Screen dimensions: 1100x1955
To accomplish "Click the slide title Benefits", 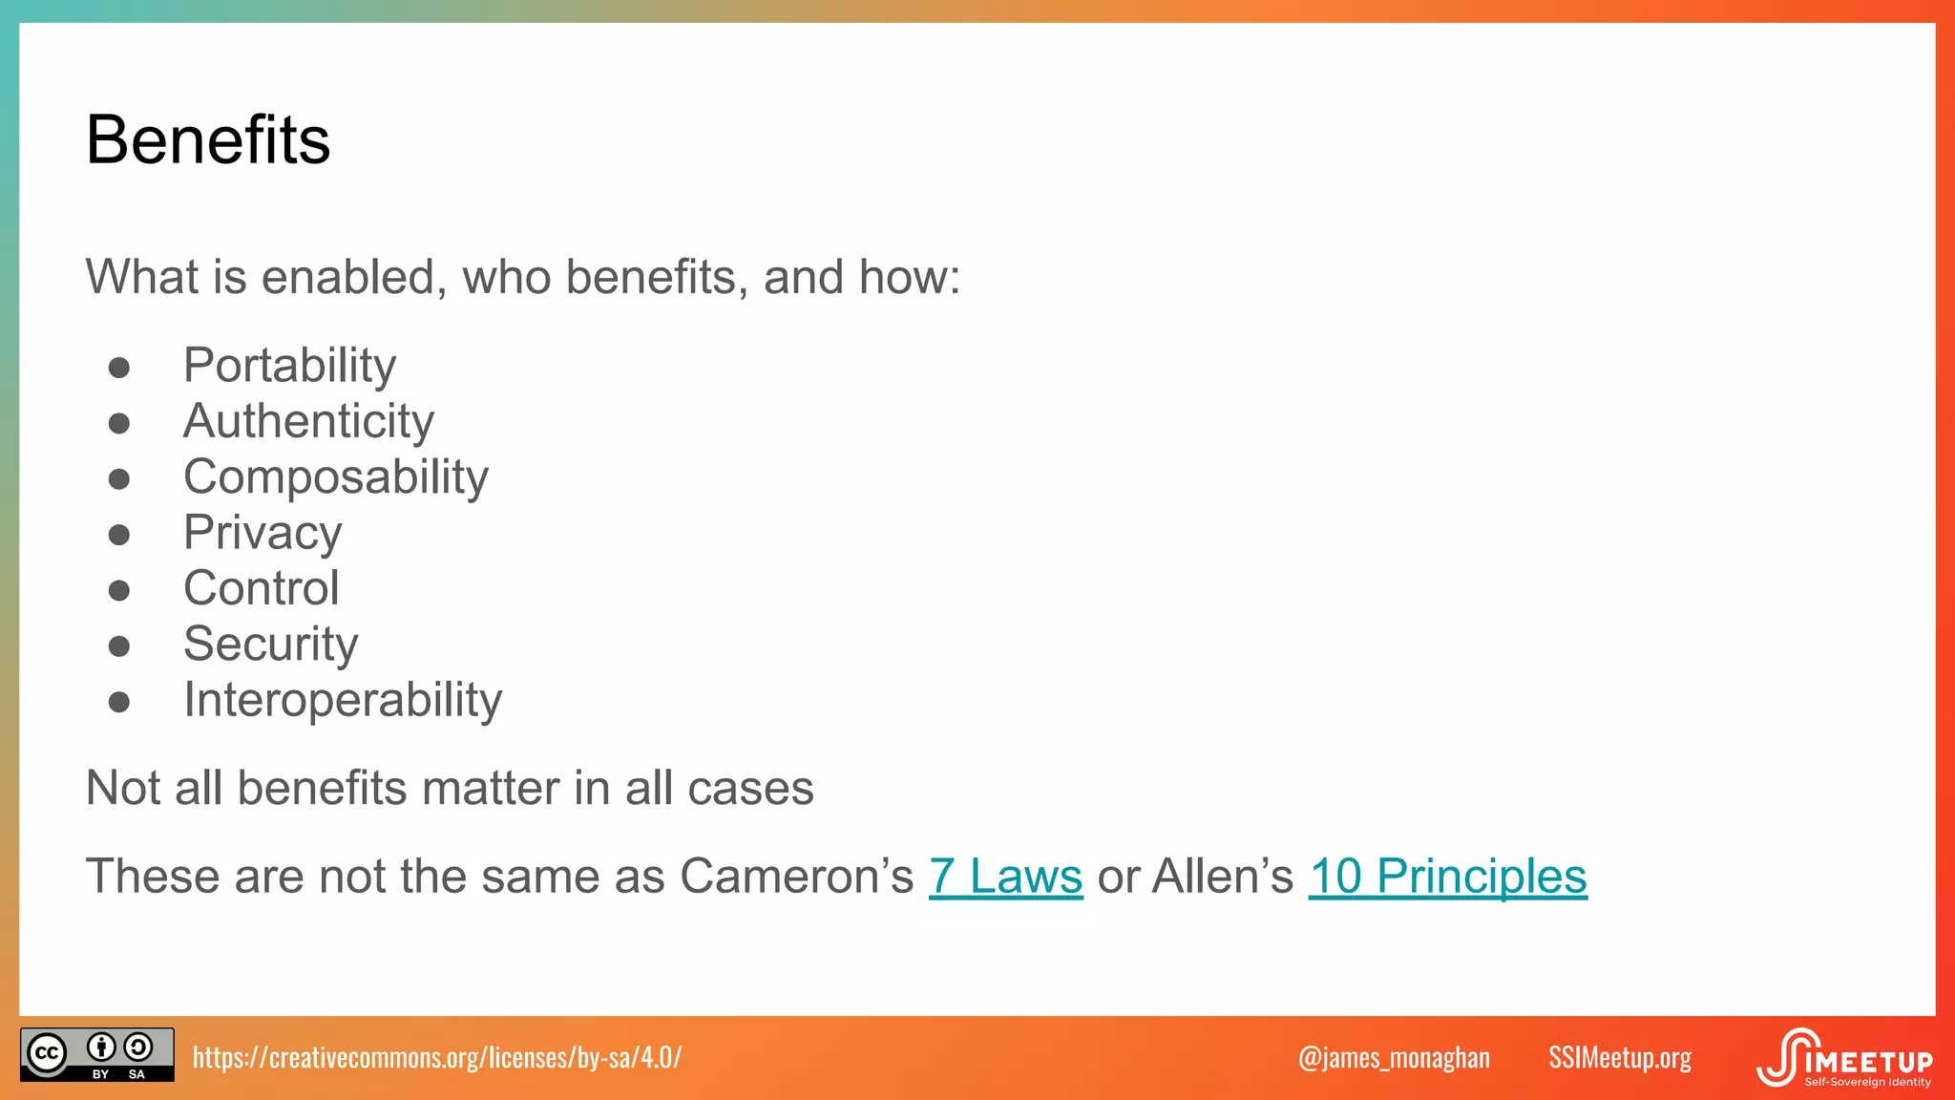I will (208, 140).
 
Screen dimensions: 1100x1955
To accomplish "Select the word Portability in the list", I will (289, 365).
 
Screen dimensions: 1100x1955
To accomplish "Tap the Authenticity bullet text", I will (308, 421).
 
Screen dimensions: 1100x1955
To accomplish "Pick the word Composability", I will (335, 476).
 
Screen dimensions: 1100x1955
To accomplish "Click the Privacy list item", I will (263, 532).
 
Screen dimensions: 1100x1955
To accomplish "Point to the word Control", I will (261, 588).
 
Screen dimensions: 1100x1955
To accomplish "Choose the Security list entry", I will (270, 644).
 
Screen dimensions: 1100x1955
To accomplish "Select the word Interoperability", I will (342, 700).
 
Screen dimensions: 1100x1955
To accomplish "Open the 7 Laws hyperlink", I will (1005, 876).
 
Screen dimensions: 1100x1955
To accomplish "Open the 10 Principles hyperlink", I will (1447, 876).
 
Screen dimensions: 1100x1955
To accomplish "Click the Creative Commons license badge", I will (96, 1054).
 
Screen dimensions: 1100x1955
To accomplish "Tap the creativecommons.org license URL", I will (436, 1057).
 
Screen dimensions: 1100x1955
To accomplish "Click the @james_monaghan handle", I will (1394, 1057).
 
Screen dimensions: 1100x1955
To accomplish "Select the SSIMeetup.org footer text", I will (1619, 1057).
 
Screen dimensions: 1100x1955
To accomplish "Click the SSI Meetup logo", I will (1844, 1058).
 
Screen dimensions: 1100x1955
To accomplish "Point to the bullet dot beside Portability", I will (119, 368).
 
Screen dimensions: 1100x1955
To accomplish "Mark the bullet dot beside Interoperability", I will (119, 703).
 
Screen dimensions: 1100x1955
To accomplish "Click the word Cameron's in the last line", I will (796, 876).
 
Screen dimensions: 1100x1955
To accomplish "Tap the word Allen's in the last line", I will (1222, 876).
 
